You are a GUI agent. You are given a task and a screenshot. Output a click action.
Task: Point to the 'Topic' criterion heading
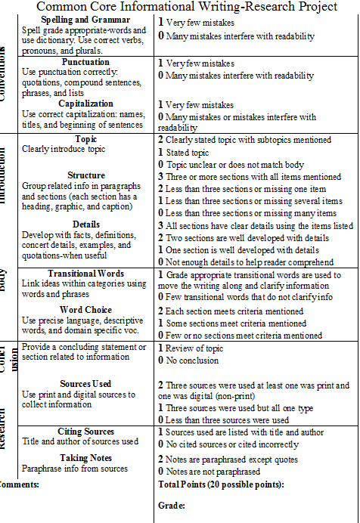tap(86, 139)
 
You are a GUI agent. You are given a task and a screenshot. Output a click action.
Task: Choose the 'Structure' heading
tap(85, 175)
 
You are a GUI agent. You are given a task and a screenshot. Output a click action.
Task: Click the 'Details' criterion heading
tap(86, 224)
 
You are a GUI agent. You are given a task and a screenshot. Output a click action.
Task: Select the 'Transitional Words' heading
tap(85, 273)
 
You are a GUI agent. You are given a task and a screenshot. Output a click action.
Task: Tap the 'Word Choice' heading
tap(85, 310)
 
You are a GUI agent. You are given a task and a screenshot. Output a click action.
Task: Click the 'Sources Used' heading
tap(85, 384)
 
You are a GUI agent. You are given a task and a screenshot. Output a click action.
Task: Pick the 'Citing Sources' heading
tap(85, 432)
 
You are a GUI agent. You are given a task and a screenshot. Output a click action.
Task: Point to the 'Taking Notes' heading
tap(85, 458)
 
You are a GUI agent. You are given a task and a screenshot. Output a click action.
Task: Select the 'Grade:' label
tap(172, 505)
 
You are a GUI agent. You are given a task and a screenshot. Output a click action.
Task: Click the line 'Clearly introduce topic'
tap(64, 149)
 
